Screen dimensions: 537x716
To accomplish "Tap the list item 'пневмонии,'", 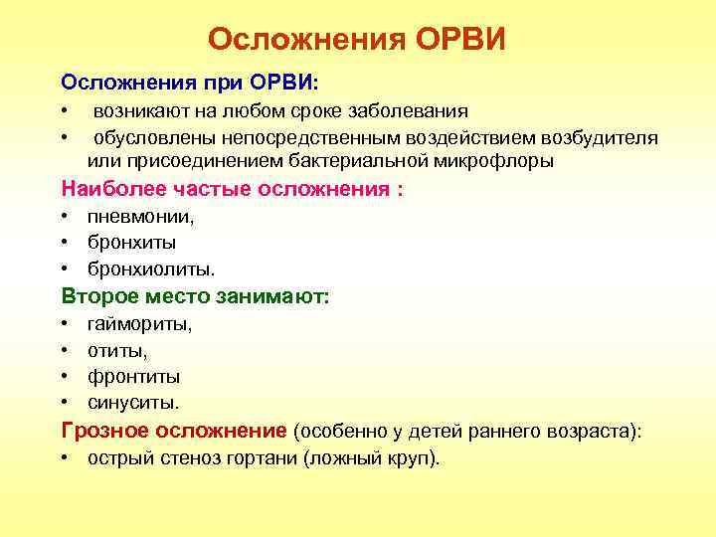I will (127, 218).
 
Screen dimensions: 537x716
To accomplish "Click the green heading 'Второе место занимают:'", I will (195, 296).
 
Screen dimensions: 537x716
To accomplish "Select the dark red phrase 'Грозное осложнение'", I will (174, 431).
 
